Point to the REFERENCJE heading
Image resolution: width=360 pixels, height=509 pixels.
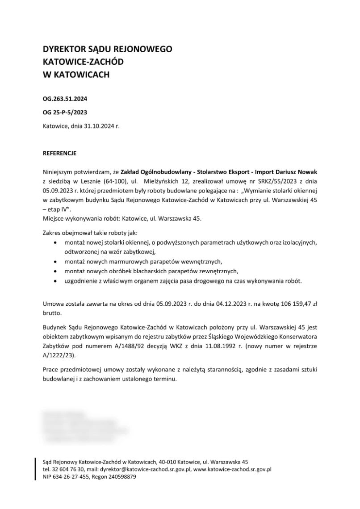[x=59, y=154]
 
